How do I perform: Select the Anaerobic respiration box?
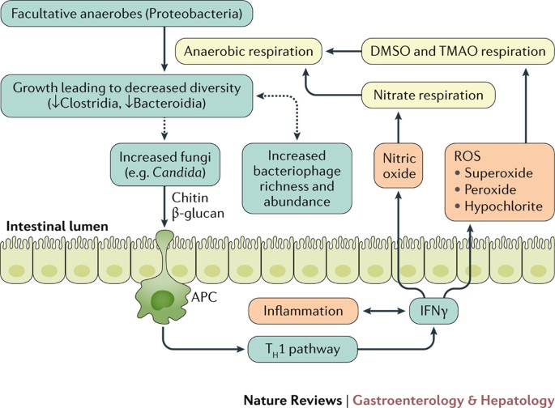[x=248, y=52]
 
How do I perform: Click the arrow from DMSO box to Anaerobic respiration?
[x=337, y=52]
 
